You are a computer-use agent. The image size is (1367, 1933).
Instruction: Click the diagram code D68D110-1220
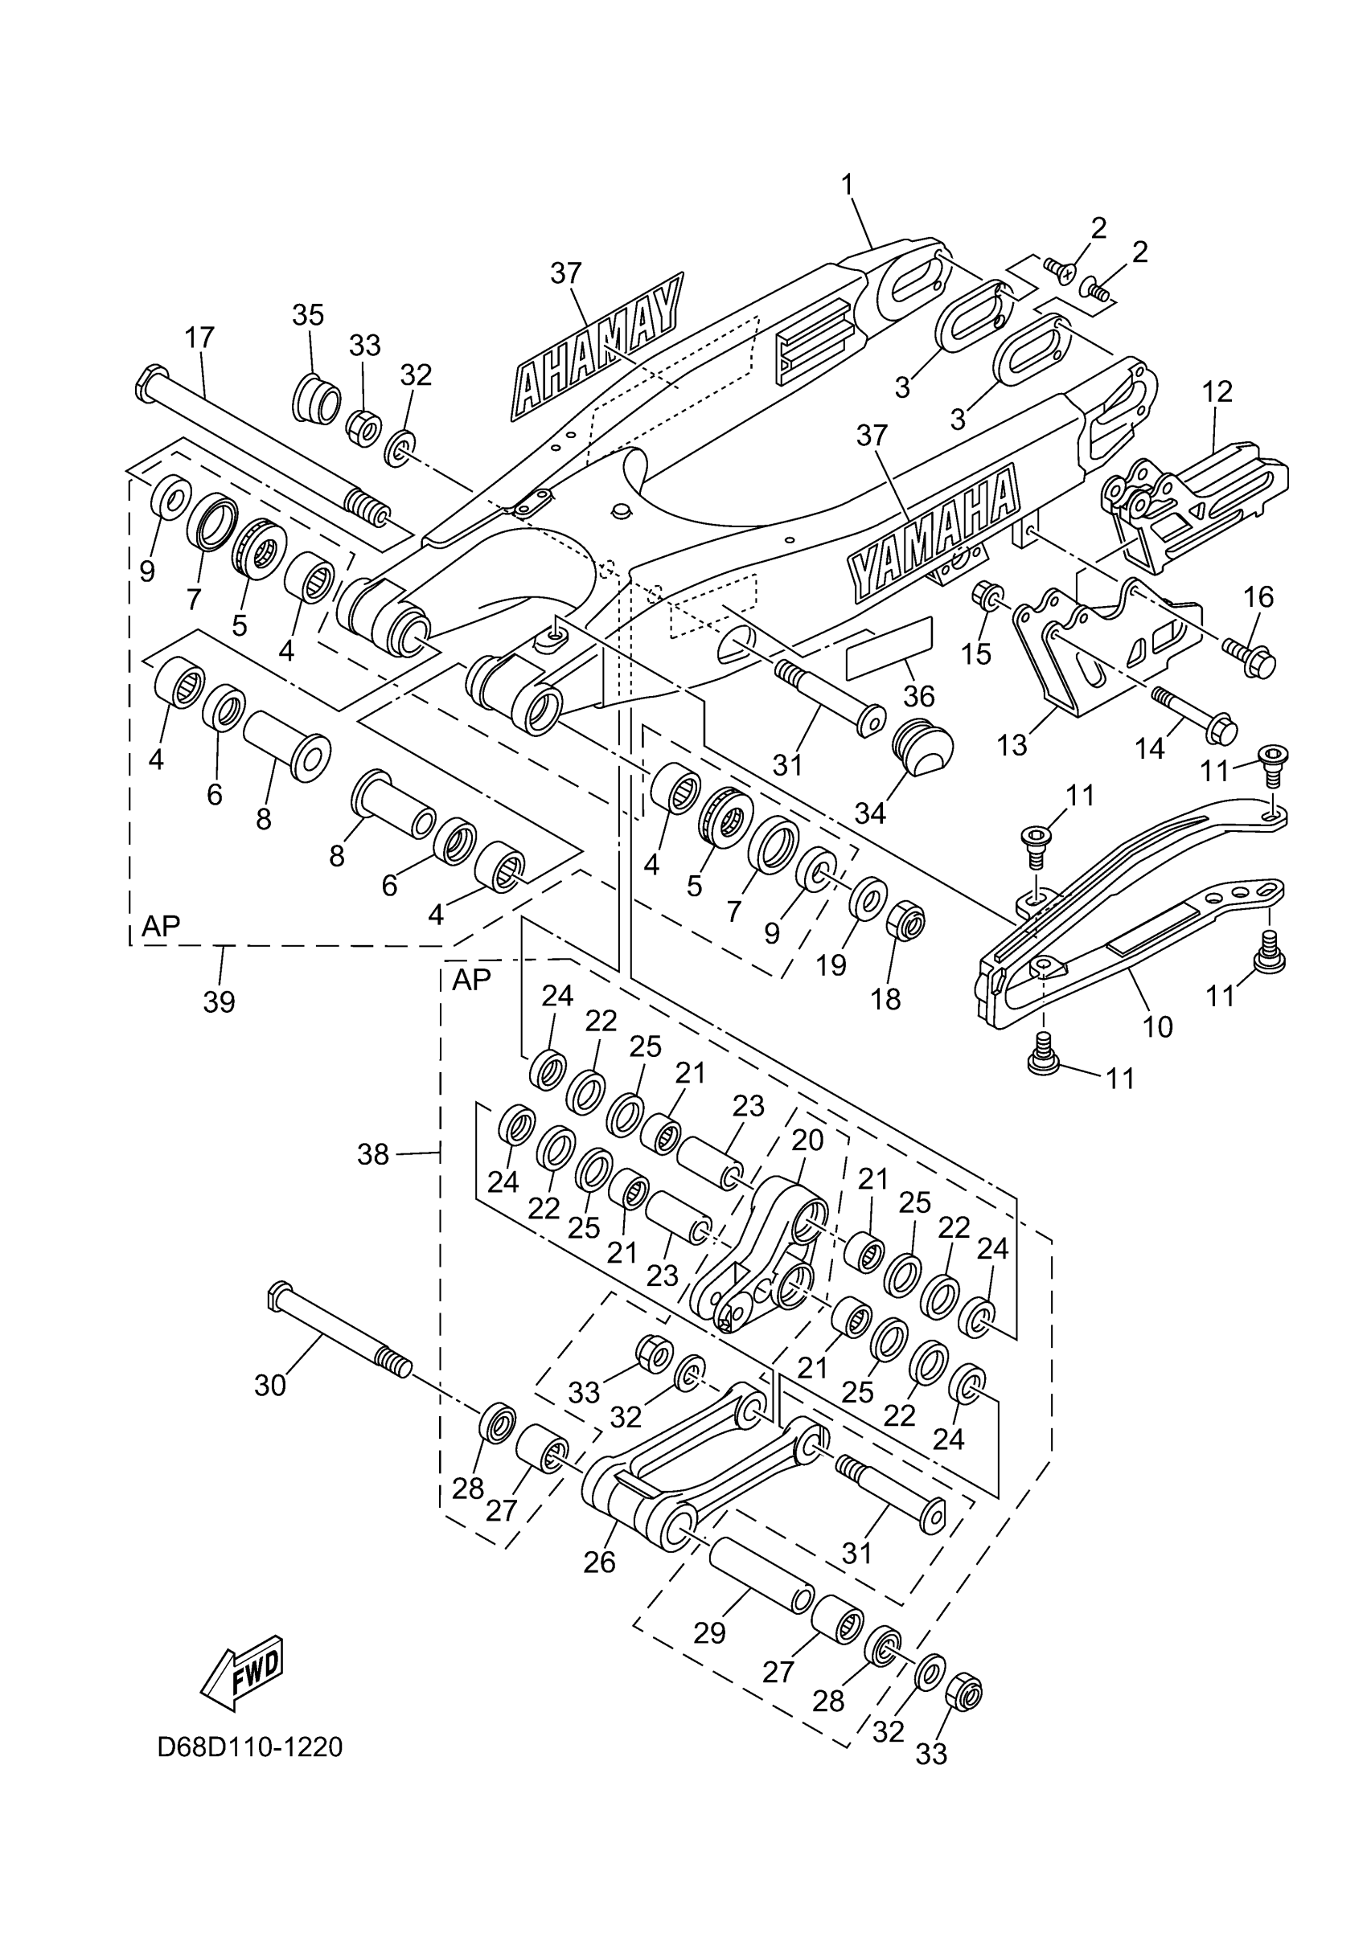tap(249, 1747)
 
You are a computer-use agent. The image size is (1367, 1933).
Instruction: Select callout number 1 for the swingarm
tap(847, 182)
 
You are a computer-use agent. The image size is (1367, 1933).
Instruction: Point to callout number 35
tap(307, 315)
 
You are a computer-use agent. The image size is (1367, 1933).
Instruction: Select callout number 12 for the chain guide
tap(1217, 391)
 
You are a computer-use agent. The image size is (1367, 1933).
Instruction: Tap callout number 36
tap(919, 695)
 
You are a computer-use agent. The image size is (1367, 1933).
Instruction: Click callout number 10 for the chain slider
tap(1158, 1026)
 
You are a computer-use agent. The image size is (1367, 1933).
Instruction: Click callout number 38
tap(372, 1154)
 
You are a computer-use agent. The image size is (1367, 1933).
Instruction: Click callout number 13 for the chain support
tap(1012, 744)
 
